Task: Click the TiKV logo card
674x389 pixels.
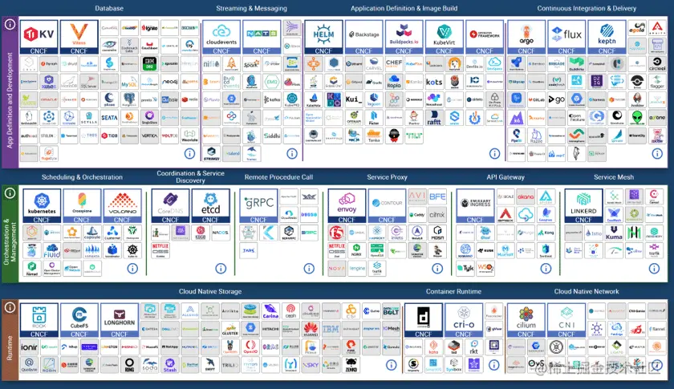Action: click(39, 37)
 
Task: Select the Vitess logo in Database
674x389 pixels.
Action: click(79, 37)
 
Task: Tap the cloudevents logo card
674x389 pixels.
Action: click(221, 37)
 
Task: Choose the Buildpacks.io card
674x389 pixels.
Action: click(404, 37)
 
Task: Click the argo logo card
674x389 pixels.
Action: click(526, 37)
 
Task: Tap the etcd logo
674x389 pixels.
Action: click(211, 205)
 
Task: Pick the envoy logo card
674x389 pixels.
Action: click(347, 205)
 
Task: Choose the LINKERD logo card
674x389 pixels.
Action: click(583, 205)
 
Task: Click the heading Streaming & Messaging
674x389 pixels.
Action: click(251, 9)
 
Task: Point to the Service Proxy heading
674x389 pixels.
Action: click(388, 177)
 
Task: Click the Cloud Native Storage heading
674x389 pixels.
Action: click(209, 291)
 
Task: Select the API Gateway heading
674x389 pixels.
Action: click(505, 177)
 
